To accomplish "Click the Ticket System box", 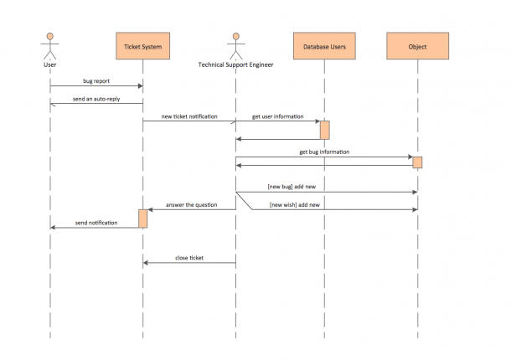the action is click(x=142, y=46).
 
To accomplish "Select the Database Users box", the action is click(x=324, y=46).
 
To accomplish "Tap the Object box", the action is click(x=417, y=46).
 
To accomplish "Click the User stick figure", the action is click(x=50, y=46).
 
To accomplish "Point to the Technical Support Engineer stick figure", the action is click(x=236, y=46).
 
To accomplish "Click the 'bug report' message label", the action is click(x=96, y=81).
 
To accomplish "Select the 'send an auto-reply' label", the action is click(x=96, y=99).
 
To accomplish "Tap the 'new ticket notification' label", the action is click(x=189, y=116).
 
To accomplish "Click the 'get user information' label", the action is click(x=277, y=116).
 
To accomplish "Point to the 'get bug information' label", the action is click(x=324, y=152).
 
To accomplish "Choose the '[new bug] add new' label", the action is click(x=292, y=187).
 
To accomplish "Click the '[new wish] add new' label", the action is click(x=295, y=205).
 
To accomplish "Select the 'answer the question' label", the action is click(x=191, y=205).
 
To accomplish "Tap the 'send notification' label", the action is click(x=96, y=223).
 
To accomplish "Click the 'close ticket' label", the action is click(x=189, y=258).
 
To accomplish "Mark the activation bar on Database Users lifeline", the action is click(x=324, y=130).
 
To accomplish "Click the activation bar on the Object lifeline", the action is click(x=417, y=162).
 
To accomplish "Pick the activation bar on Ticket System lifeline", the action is click(x=142, y=219).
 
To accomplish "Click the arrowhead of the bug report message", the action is click(x=141, y=86).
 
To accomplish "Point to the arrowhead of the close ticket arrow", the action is click(x=146, y=263).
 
